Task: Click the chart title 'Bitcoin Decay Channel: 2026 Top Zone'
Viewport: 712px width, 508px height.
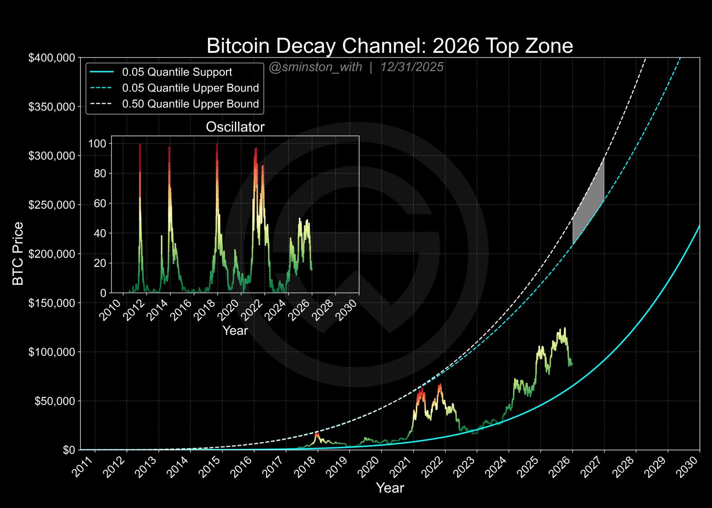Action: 390,46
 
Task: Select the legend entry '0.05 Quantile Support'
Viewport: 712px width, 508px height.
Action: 177,72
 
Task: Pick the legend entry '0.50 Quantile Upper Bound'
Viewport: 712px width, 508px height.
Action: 190,104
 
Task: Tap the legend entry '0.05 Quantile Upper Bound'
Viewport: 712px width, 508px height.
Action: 190,88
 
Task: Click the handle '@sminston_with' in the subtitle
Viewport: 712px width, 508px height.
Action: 315,67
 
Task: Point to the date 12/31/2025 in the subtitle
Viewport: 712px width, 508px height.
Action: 412,67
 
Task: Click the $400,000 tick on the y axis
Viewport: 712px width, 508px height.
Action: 52,58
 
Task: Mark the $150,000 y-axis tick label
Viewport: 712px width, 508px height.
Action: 52,303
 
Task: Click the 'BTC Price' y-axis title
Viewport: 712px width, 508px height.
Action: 18,254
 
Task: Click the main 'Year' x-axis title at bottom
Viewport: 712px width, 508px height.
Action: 390,488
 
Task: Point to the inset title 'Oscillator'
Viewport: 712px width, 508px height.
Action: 235,127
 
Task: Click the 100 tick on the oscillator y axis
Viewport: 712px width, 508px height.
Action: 97,144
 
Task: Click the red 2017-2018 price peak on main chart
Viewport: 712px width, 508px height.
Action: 317,434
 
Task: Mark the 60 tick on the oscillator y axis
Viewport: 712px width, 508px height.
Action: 100,204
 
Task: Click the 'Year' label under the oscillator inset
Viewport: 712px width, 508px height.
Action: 235,331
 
